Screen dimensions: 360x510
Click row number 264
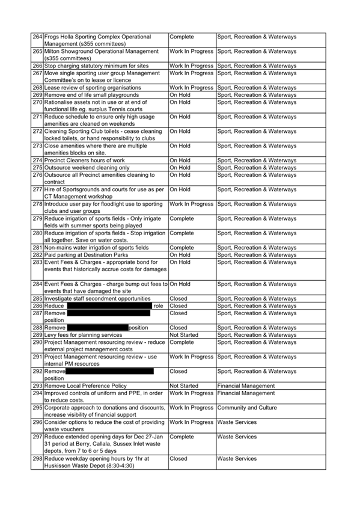point(37,37)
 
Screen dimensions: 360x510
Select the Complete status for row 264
point(182,37)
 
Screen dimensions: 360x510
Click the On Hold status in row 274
point(180,161)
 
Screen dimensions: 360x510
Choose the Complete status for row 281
point(182,248)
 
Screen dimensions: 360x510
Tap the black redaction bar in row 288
point(97,328)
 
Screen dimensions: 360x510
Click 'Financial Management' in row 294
point(246,393)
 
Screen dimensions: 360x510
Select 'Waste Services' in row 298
point(237,459)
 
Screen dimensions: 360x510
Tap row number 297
point(37,437)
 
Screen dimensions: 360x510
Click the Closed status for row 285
point(178,299)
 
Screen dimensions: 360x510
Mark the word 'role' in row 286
point(158,306)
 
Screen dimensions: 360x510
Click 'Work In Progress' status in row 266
point(191,66)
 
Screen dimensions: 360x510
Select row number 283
point(37,262)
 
